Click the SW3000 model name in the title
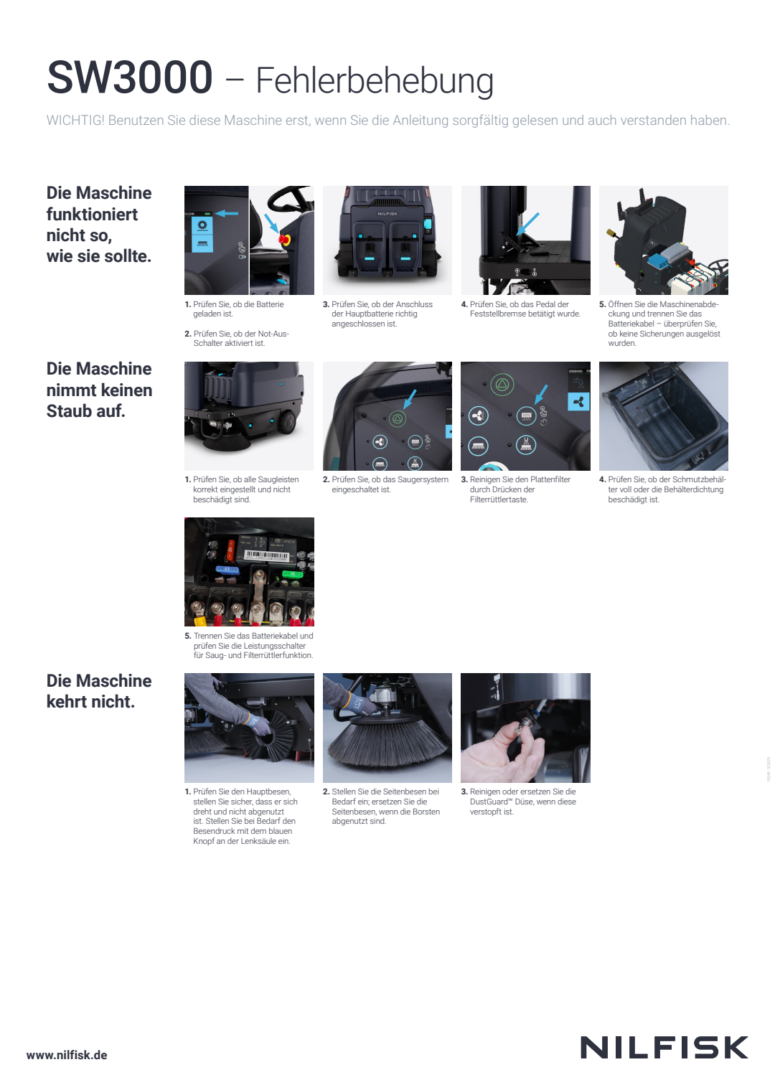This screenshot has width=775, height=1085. (x=129, y=77)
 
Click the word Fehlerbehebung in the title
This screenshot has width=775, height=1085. (x=375, y=81)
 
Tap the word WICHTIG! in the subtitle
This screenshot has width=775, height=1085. (x=75, y=120)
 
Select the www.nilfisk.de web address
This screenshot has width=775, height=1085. (x=67, y=1055)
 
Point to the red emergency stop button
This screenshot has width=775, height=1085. (x=283, y=239)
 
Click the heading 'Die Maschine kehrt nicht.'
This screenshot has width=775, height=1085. (x=99, y=691)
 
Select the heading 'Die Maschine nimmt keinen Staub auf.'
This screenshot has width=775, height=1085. (x=99, y=390)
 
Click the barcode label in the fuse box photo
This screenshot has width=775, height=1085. (x=266, y=555)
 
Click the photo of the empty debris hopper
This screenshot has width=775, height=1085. (x=664, y=416)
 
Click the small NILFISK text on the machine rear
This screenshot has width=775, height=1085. (x=387, y=214)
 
